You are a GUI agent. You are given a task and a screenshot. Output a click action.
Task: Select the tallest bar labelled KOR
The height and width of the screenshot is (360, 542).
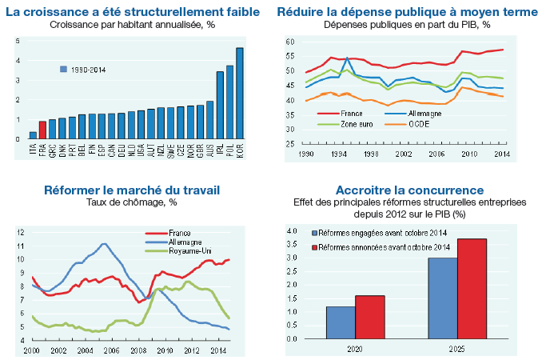tap(240, 94)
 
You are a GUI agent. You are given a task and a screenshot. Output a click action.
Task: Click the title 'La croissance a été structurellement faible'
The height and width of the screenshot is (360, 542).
tap(132, 12)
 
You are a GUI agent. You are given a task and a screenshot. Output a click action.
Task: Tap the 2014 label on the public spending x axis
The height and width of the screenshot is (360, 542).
tap(524, 153)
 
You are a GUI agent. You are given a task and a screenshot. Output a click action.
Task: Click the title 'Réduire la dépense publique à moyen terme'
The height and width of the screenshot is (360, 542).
tap(406, 12)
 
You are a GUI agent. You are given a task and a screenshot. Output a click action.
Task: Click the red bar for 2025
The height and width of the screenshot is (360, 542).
tap(472, 289)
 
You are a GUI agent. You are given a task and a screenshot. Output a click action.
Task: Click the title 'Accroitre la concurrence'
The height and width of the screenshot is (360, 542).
tap(409, 190)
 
